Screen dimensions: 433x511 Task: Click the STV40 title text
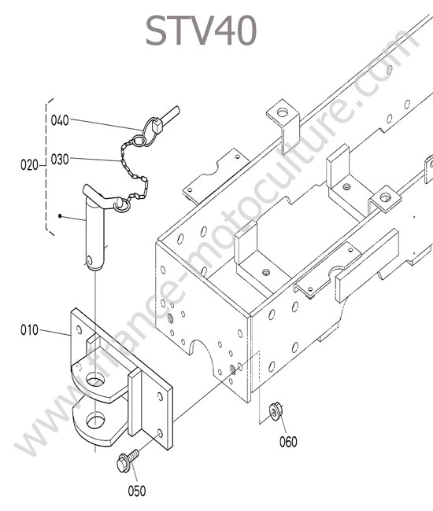(201, 31)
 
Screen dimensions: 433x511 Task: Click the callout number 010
(29, 330)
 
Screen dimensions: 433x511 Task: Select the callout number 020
(29, 165)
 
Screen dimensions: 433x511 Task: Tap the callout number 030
(60, 160)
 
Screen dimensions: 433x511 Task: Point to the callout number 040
(60, 120)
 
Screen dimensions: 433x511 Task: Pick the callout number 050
(137, 491)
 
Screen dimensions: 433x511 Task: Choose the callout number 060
(288, 442)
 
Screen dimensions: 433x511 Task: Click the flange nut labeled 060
(275, 412)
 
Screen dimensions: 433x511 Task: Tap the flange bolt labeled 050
(128, 460)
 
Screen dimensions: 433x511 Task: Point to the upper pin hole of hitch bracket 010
(95, 380)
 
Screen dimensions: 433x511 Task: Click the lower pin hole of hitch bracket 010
(95, 421)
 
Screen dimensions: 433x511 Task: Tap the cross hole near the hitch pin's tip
(89, 261)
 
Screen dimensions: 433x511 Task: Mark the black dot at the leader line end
(60, 215)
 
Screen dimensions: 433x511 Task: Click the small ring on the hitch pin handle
(122, 205)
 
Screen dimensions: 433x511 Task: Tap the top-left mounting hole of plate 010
(79, 329)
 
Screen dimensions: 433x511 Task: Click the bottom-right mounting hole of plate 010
(160, 434)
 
